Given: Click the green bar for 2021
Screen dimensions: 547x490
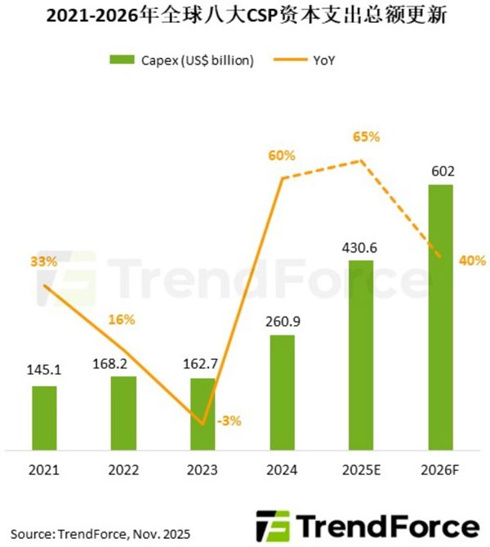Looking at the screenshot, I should tap(45, 416).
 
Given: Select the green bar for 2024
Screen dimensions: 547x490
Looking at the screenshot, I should tap(282, 392).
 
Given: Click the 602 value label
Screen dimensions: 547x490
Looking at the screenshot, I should tap(441, 172).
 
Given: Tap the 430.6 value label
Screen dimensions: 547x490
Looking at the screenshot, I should tap(361, 247).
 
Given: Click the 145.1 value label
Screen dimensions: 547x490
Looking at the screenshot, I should tap(45, 371).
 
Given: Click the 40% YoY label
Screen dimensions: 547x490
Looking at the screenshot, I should tap(472, 261).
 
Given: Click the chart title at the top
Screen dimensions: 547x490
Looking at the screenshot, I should tap(244, 17).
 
